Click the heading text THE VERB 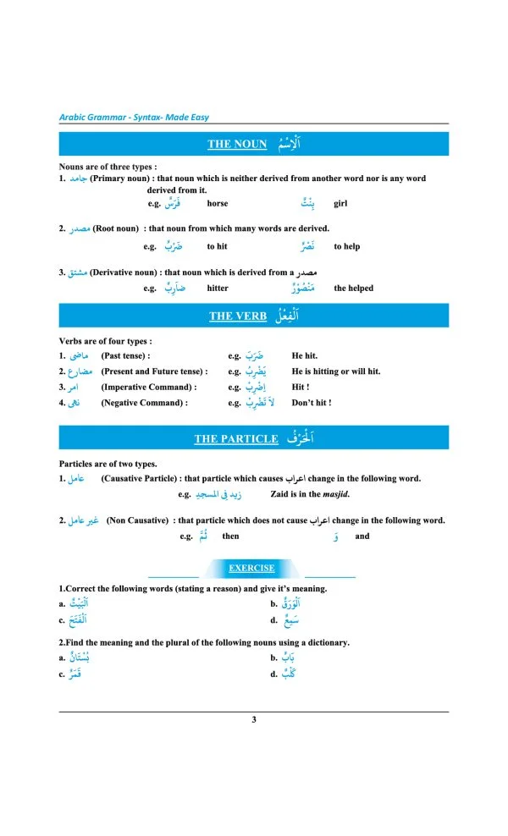tap(238, 316)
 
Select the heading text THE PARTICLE tap(235, 438)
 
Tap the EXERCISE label tap(251, 569)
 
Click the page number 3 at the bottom tap(254, 720)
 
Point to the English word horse tap(217, 203)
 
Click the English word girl tap(340, 203)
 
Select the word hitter tap(218, 288)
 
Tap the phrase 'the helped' tap(353, 288)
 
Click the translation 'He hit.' tap(304, 356)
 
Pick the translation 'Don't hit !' tap(311, 403)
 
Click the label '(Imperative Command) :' tap(148, 387)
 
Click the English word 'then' tap(230, 536)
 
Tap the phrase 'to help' tap(346, 246)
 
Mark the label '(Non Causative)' tap(136, 520)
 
